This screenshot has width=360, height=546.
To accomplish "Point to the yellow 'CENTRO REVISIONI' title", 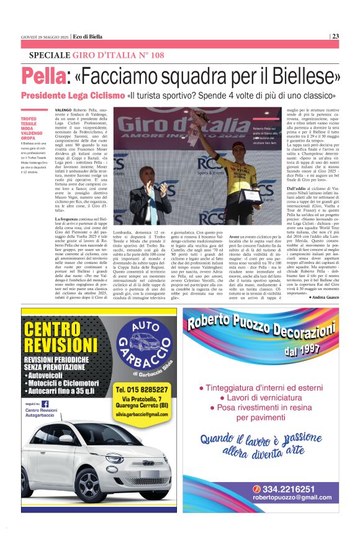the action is tap(56, 338).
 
